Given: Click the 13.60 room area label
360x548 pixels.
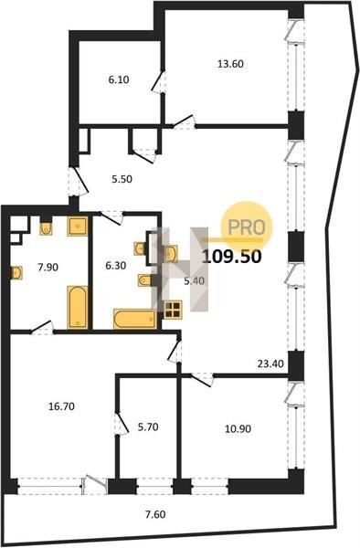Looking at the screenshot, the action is [230, 64].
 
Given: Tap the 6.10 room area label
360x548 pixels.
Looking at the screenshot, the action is [119, 79].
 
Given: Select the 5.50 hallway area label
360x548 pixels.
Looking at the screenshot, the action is [122, 179].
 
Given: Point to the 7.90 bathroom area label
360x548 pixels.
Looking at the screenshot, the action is [48, 268].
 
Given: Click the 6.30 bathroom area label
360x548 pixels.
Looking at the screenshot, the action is [116, 266].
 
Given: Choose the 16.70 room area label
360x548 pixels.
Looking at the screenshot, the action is [61, 406].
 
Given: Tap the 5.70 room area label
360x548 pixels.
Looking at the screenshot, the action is [148, 427].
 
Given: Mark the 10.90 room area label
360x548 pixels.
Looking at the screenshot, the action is [238, 428].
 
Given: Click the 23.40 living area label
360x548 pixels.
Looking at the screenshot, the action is [270, 364].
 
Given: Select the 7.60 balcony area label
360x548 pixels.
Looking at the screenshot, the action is [155, 514].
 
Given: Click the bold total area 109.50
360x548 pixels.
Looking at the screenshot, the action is [232, 257].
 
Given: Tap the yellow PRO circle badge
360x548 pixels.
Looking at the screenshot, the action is [247, 227].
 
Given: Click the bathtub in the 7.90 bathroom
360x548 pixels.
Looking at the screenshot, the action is [78, 307].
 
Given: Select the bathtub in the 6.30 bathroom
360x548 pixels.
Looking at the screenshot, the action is [135, 319].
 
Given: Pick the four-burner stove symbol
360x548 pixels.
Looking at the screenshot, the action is [173, 310].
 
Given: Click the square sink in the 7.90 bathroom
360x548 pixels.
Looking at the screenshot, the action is [78, 227].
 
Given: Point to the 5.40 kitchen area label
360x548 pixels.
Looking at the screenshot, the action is [194, 280].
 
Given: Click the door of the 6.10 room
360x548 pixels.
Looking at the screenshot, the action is [159, 81].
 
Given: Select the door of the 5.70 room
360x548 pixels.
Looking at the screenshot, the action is [122, 423].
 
